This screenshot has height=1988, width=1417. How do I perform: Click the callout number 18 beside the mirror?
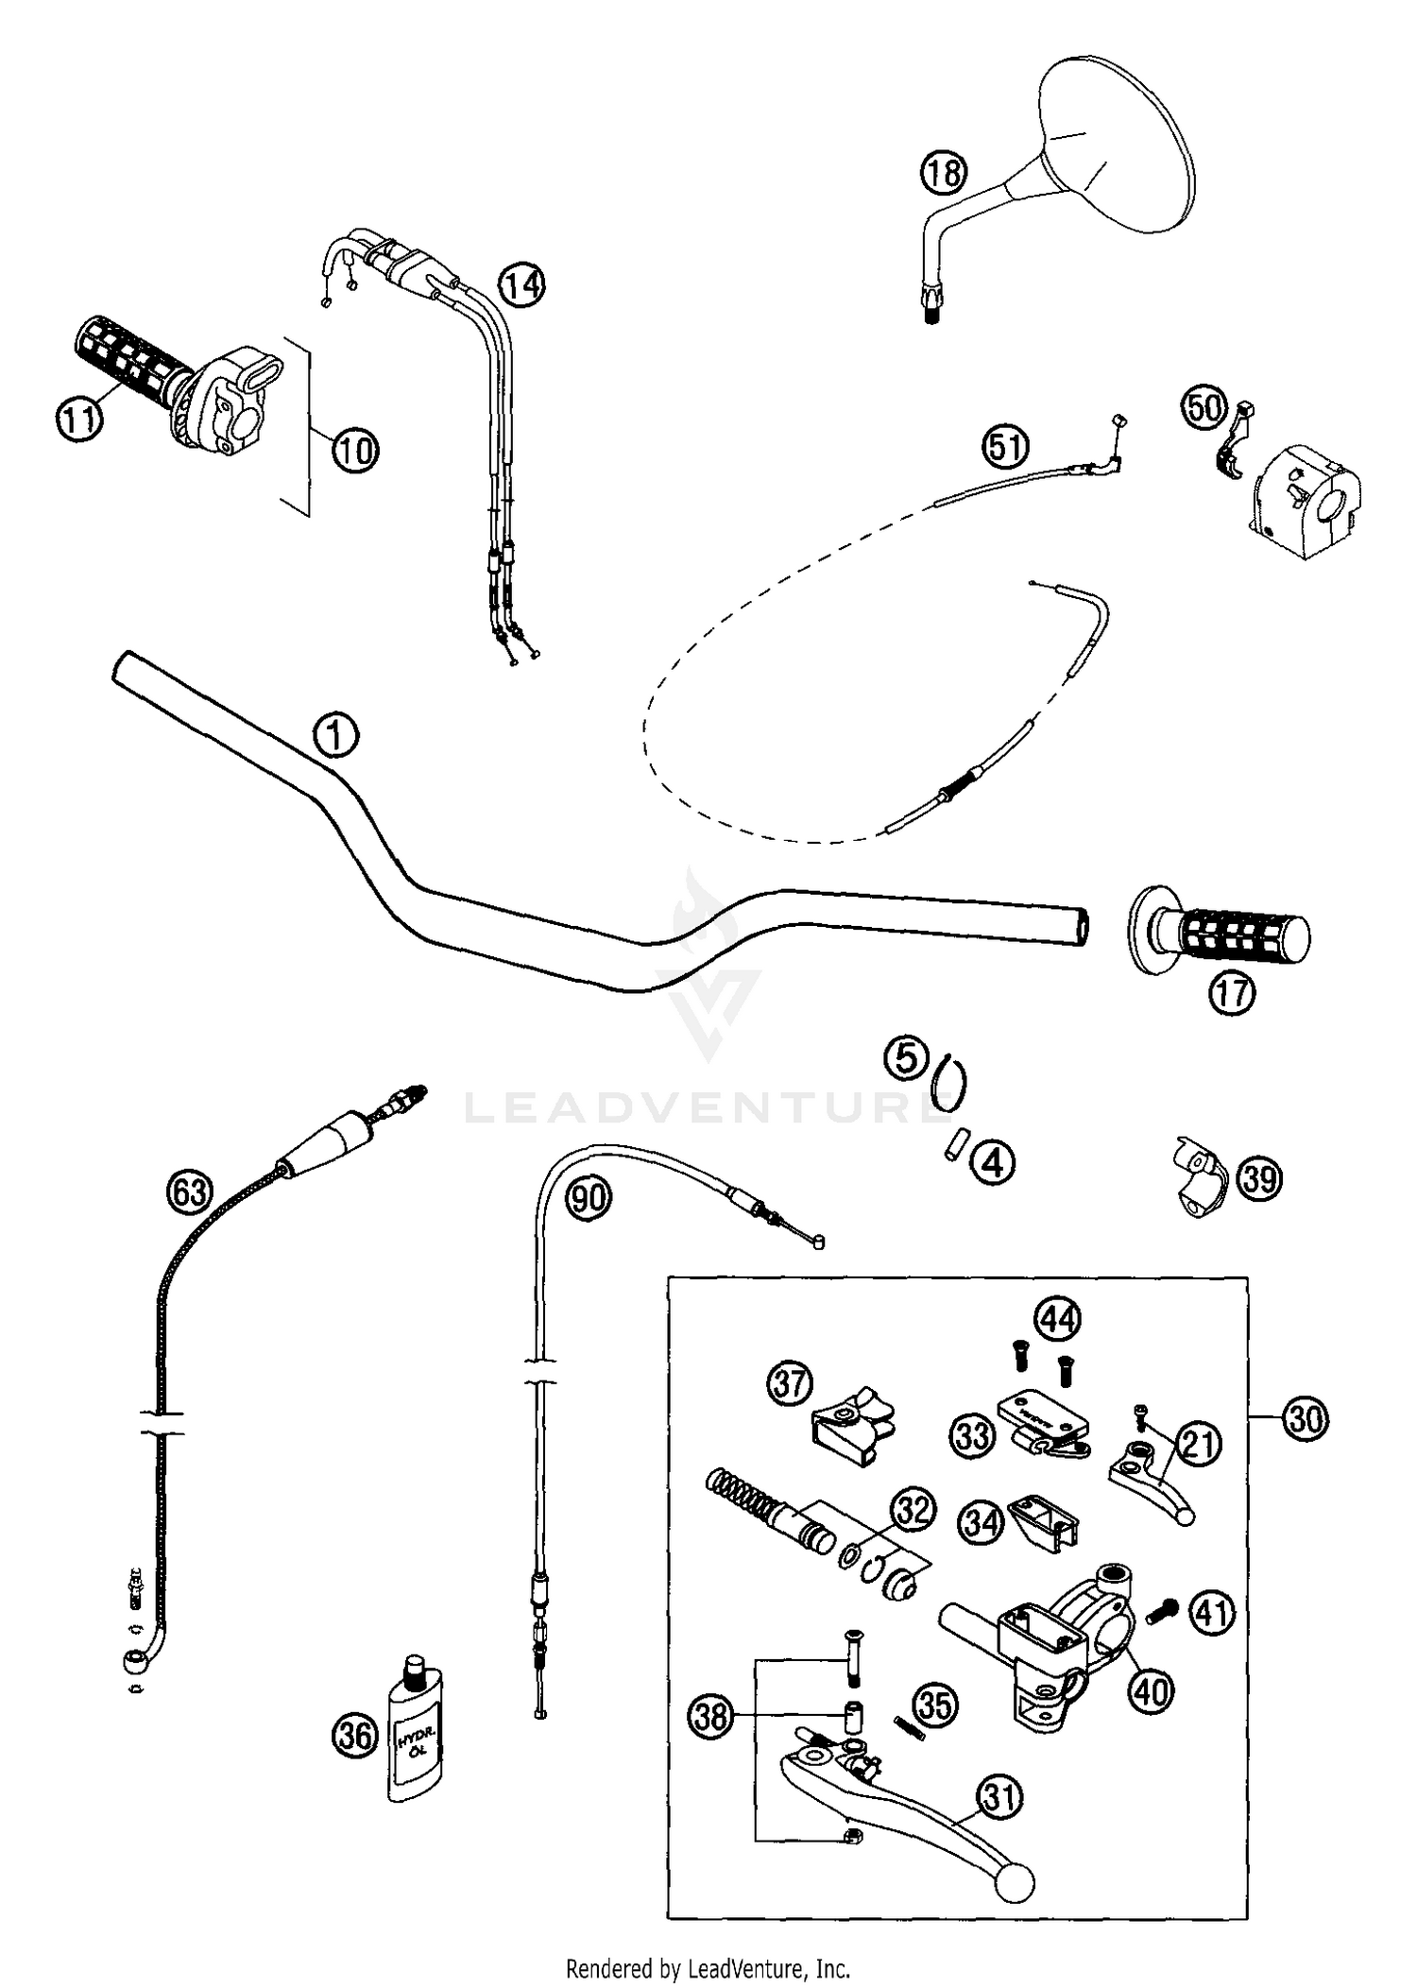tap(943, 173)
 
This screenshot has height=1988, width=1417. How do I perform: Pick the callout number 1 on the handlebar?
tap(335, 734)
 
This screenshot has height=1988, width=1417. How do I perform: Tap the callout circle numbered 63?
tap(189, 1191)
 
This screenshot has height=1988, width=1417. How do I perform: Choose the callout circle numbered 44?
tap(1057, 1318)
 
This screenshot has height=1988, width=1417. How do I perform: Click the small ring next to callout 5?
tap(949, 1080)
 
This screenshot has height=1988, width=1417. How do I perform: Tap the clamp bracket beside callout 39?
tap(1199, 1176)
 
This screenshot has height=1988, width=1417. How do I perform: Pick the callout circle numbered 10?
tap(354, 450)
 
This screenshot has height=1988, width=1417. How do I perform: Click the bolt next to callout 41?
tap(1163, 1615)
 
